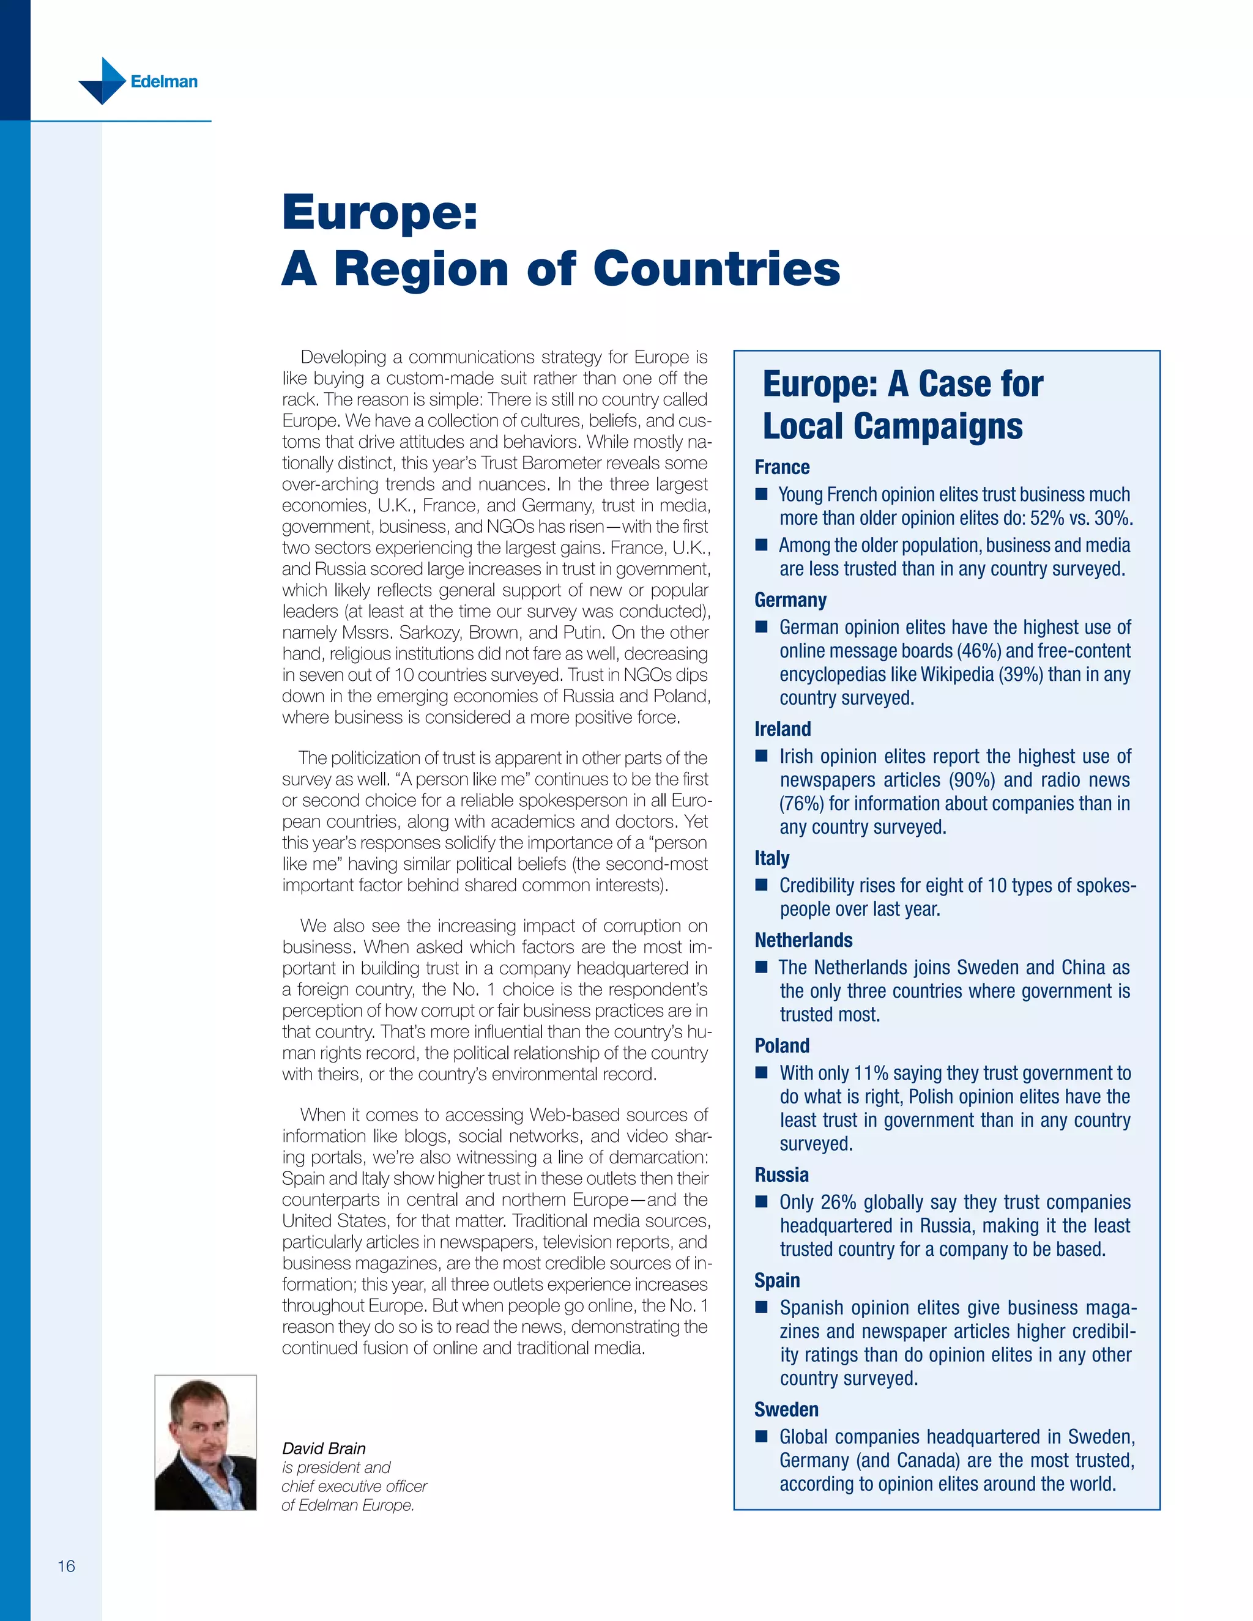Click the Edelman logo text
coord(163,81)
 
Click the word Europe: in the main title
coord(379,213)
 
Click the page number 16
coord(66,1566)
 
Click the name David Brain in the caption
coord(324,1448)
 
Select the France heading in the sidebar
coord(782,467)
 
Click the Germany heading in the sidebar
coord(790,599)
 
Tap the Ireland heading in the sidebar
coord(783,729)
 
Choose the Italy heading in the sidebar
coord(772,858)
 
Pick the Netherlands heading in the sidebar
coord(803,940)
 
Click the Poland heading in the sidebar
coord(782,1046)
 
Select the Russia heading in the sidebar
coord(781,1175)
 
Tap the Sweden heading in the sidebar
coord(786,1409)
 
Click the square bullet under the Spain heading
coord(761,1308)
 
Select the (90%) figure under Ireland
coord(970,780)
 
